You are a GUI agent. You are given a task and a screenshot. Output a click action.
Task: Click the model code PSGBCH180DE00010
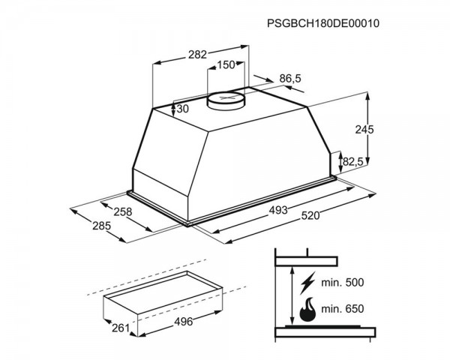coord(323,23)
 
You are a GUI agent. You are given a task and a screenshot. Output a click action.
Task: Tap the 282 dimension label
coord(197,55)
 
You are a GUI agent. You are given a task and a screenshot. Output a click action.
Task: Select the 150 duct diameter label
coord(226,65)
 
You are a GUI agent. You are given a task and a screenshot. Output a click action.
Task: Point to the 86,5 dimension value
coord(290,78)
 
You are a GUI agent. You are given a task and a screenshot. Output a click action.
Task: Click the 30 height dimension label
coord(182,109)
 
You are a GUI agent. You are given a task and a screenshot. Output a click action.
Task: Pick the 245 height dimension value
coord(364,130)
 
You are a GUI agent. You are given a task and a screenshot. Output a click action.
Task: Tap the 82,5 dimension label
coord(353,162)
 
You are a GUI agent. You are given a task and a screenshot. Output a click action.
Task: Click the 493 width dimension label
coord(278,210)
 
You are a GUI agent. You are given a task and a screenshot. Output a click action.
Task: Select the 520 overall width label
coord(310,215)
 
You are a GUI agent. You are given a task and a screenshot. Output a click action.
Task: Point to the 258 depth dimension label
coord(123,211)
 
